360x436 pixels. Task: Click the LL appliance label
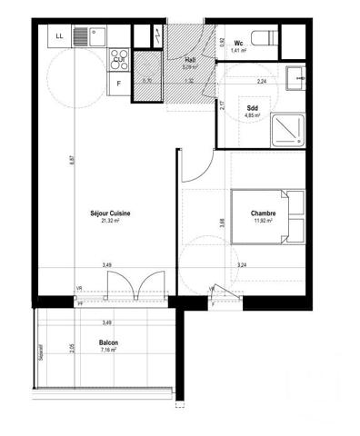(x=60, y=36)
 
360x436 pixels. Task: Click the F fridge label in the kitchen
(x=118, y=85)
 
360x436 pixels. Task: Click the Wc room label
(x=237, y=43)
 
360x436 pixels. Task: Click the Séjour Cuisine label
(x=110, y=213)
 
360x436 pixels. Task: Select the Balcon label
(x=108, y=342)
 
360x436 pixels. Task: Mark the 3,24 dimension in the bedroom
(x=242, y=264)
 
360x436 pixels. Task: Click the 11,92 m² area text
(x=264, y=222)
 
